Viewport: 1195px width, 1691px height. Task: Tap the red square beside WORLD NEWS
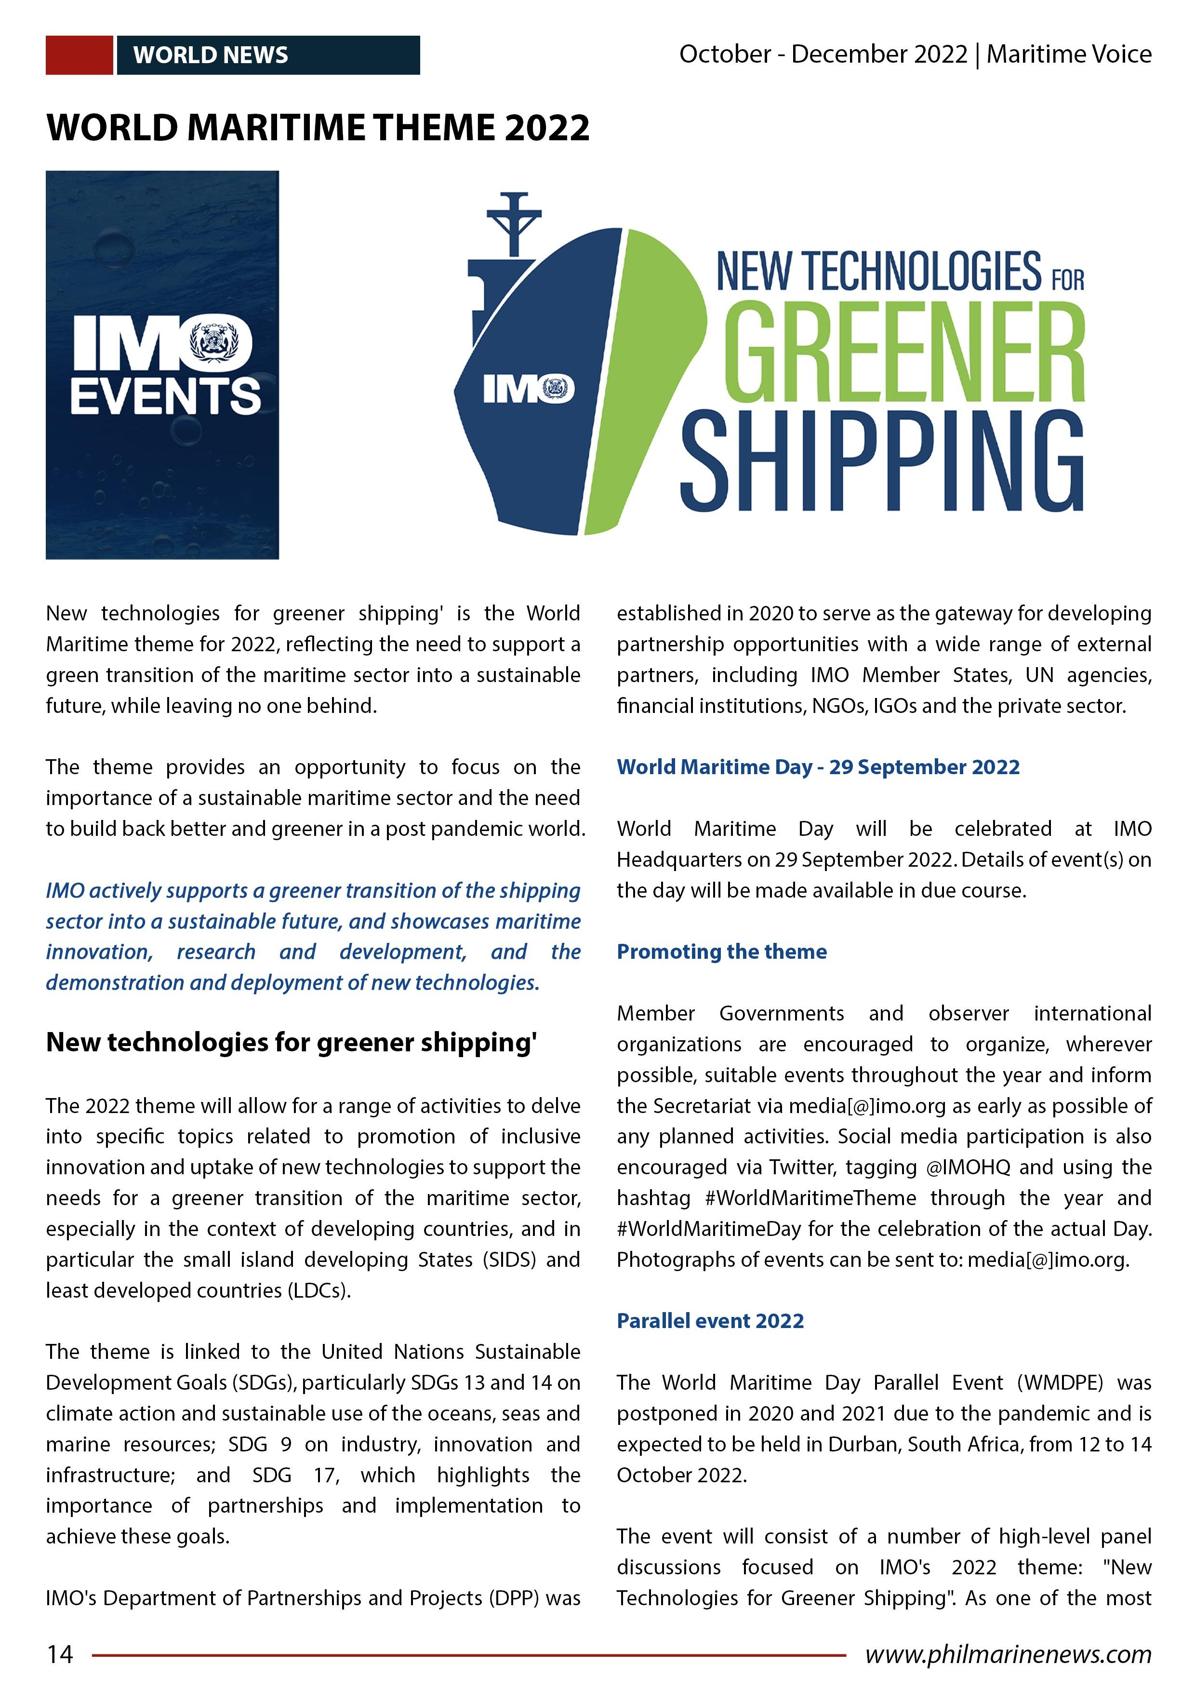(79, 55)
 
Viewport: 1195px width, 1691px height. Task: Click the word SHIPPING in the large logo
(881, 462)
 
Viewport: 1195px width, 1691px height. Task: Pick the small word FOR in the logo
(1068, 280)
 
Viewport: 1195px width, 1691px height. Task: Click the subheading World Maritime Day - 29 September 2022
(818, 767)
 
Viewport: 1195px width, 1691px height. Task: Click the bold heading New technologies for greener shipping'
(292, 1042)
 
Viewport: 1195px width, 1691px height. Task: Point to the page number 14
(60, 1654)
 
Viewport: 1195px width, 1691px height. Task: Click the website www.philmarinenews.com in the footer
(1008, 1654)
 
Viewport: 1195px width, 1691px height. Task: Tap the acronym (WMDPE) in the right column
(1060, 1382)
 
